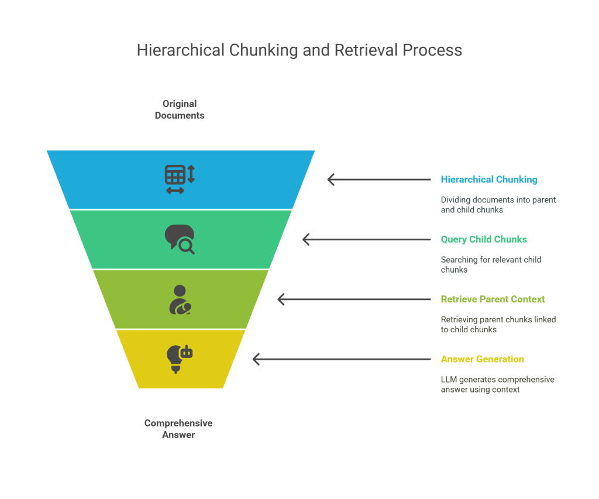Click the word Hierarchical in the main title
[x=180, y=50]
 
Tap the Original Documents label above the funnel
[x=180, y=109]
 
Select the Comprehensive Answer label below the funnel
[x=178, y=429]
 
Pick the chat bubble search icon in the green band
[x=179, y=239]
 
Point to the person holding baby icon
[x=180, y=300]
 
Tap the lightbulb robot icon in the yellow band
[x=179, y=359]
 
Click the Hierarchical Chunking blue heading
[x=489, y=180]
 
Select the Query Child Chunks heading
[x=484, y=239]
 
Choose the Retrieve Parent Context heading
[x=493, y=300]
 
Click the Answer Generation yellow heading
[x=482, y=359]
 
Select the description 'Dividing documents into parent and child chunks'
[x=498, y=205]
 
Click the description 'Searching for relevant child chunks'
[x=491, y=264]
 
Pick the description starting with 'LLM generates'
[x=497, y=384]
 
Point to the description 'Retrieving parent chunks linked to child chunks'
[x=498, y=325]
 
